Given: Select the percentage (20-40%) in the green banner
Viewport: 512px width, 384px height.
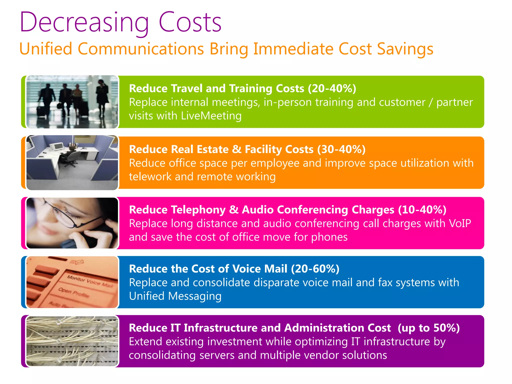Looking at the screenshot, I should tap(332, 88).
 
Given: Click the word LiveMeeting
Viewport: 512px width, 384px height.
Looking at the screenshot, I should tap(211, 116).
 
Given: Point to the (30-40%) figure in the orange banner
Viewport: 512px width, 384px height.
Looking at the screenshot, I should tap(341, 149).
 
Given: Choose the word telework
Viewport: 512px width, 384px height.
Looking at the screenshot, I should tap(150, 177).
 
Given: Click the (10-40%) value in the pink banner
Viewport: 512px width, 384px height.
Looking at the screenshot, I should tap(422, 210).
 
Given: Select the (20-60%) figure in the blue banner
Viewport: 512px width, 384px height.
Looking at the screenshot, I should tap(315, 269).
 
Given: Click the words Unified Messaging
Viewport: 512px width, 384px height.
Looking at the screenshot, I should tap(175, 296).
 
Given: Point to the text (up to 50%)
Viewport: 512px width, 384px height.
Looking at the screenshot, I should tap(428, 328).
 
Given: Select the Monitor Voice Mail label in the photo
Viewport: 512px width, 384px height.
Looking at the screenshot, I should tap(89, 281).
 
